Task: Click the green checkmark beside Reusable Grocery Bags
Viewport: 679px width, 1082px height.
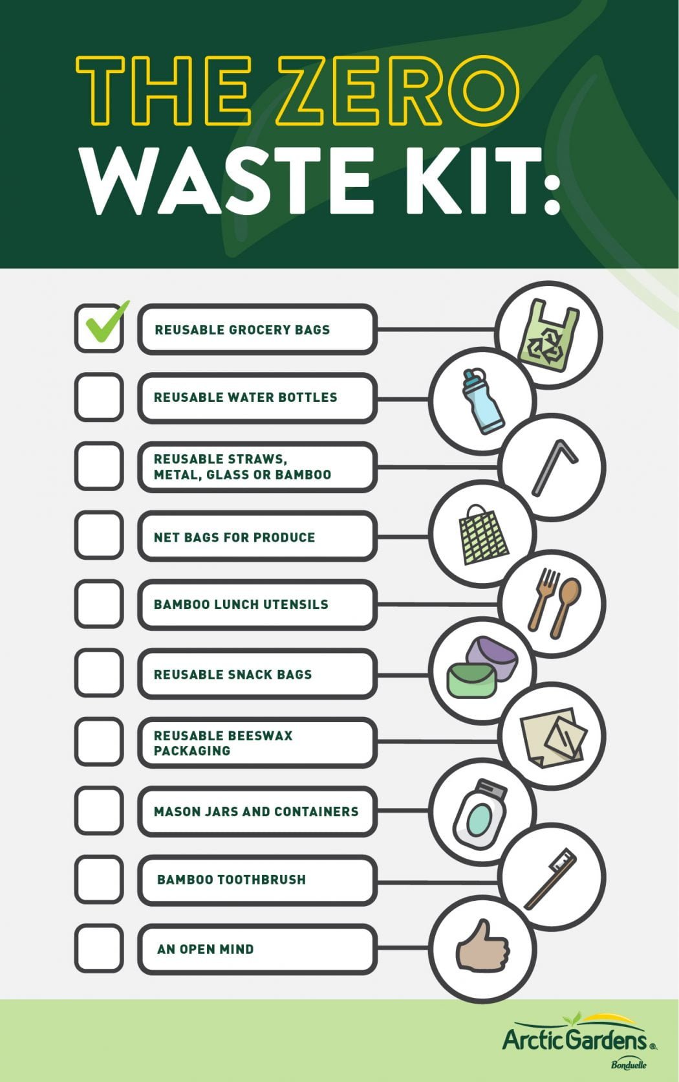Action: [x=103, y=324]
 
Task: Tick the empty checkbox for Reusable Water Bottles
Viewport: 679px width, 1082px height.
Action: [x=98, y=397]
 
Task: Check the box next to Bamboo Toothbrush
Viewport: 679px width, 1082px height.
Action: [x=98, y=879]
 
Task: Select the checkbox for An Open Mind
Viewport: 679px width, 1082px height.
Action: [x=98, y=948]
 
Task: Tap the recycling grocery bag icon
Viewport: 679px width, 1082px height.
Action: [x=548, y=335]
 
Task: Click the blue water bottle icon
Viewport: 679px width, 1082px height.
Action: [x=482, y=401]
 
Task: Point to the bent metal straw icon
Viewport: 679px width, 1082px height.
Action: [x=554, y=467]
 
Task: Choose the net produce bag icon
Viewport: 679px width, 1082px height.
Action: [x=482, y=535]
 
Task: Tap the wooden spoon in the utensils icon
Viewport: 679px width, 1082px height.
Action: [x=565, y=606]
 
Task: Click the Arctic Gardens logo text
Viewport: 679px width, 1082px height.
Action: [x=575, y=1040]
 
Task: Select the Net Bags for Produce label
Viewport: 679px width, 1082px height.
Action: [x=234, y=537]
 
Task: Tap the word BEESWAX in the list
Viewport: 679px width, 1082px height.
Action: [x=258, y=735]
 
